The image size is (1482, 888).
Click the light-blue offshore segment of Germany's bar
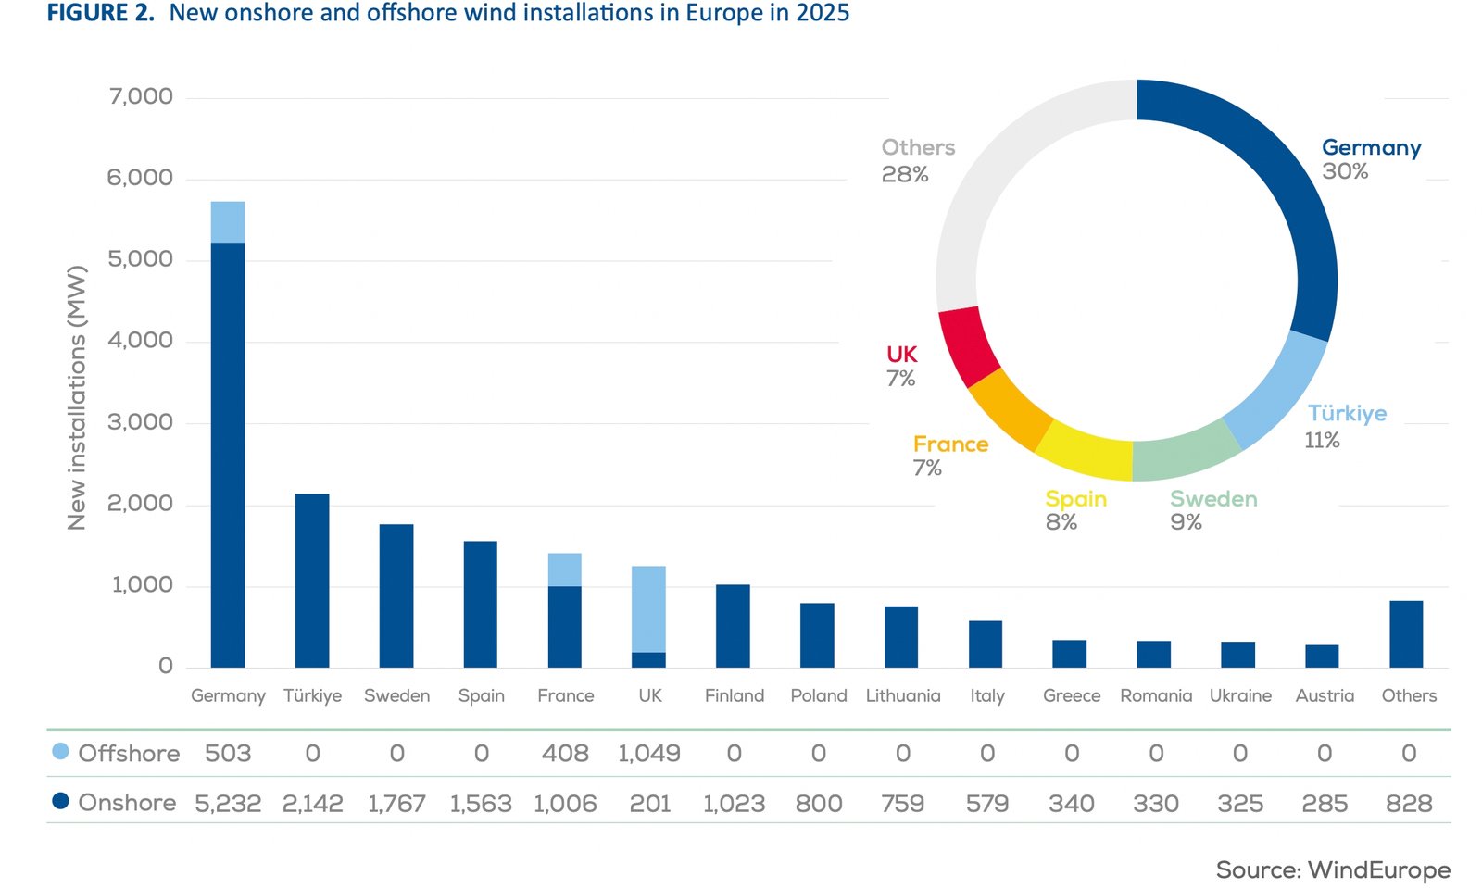pos(228,222)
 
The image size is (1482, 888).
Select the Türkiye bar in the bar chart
pos(312,581)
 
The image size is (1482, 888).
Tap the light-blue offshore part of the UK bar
pos(648,609)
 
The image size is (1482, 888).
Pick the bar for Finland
pos(733,626)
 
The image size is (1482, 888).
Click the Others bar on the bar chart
pos(1406,634)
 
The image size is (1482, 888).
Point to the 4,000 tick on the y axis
pos(140,341)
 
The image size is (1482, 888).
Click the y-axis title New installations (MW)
pos(77,398)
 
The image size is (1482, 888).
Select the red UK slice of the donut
pos(968,345)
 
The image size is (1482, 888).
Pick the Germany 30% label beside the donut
pos(1369,158)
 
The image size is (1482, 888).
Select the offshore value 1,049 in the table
pos(648,754)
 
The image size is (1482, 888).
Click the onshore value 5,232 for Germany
pos(228,804)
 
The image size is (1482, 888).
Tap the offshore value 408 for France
pos(565,754)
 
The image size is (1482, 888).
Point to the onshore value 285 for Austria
pos(1325,804)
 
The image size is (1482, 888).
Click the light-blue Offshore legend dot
pos(60,751)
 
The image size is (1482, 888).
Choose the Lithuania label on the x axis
pos(902,695)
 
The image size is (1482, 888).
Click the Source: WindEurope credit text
pos(1332,869)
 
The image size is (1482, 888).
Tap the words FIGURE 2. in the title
pos(100,13)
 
